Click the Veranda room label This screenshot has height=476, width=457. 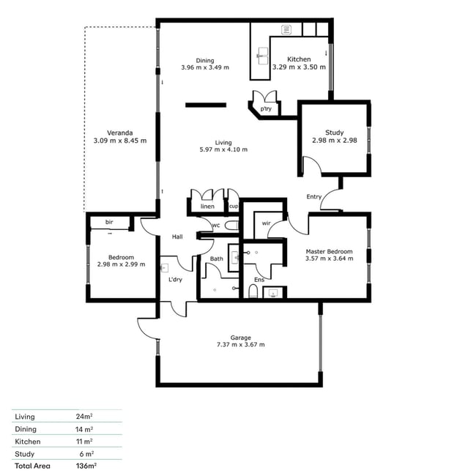120,133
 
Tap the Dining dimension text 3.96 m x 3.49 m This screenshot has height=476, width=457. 205,67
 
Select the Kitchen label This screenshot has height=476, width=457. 299,59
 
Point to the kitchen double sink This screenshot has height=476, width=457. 263,56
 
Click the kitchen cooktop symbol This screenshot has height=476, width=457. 286,30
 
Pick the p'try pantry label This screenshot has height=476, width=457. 266,108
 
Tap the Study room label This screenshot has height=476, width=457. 334,133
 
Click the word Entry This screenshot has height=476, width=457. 314,197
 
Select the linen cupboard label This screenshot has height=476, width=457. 207,207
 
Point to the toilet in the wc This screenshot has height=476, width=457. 231,226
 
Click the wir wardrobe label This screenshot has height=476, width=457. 266,223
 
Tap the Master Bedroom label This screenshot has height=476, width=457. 329,251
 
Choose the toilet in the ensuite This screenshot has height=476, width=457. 253,291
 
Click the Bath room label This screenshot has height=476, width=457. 217,259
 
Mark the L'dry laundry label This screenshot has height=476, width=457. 175,279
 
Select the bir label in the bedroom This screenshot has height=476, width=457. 109,222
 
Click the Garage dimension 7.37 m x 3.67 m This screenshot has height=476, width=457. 240,345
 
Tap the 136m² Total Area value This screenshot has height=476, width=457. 86,466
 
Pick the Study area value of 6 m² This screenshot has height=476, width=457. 86,454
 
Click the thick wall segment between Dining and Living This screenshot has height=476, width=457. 206,105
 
